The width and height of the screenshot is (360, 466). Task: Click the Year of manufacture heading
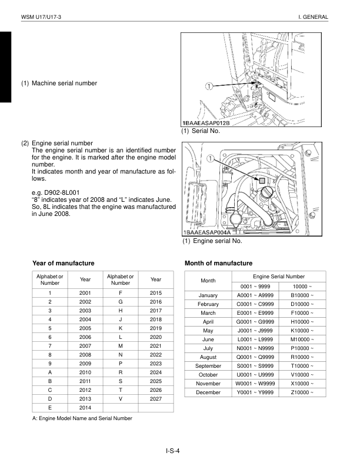click(x=63, y=263)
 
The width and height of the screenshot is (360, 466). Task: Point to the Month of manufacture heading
click(x=218, y=263)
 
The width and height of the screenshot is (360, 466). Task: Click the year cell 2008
click(x=85, y=355)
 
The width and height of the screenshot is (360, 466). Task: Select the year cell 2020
click(x=155, y=337)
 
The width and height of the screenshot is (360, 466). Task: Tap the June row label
click(x=208, y=339)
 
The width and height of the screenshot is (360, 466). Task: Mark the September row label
click(x=208, y=366)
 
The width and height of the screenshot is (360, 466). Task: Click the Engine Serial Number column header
click(x=279, y=276)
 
